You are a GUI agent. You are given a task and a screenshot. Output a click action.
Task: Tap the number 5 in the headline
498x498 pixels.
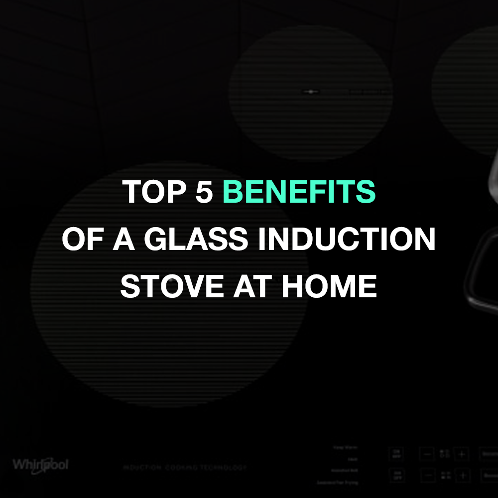coord(204,192)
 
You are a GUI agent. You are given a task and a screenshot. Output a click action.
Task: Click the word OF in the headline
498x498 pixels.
coord(79,240)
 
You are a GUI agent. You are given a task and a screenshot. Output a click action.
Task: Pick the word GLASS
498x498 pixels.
coord(195,240)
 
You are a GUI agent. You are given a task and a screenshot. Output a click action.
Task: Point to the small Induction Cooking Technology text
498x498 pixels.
coord(185,468)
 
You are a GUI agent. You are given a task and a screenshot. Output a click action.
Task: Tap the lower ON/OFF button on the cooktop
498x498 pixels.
coord(397,475)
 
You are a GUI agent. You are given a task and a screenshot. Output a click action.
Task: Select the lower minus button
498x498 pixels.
coord(427,475)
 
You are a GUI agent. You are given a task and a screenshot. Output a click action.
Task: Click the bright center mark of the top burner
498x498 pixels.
coord(310,91)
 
